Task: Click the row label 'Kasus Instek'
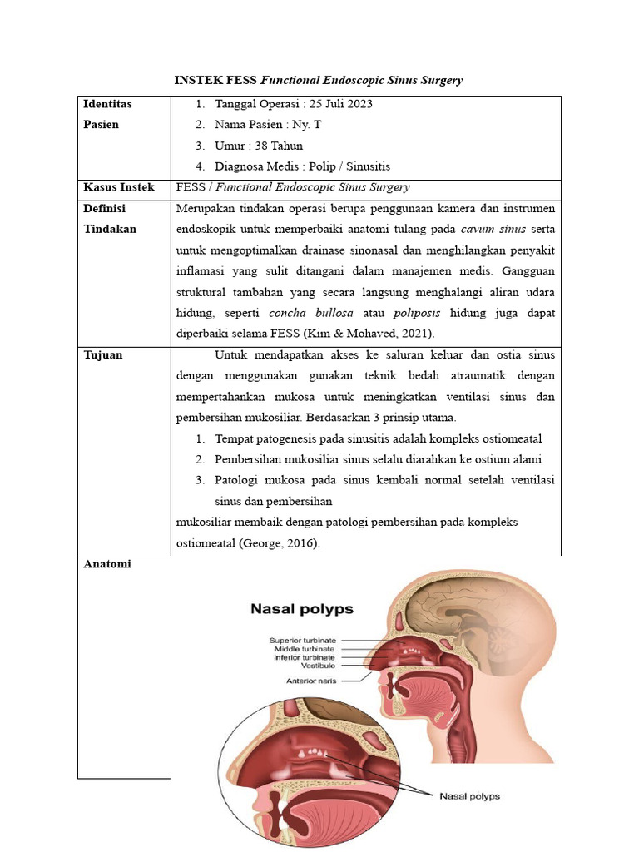(x=119, y=187)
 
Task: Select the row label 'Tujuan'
(x=103, y=354)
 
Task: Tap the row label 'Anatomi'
(x=107, y=564)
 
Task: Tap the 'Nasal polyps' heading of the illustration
(x=302, y=609)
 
